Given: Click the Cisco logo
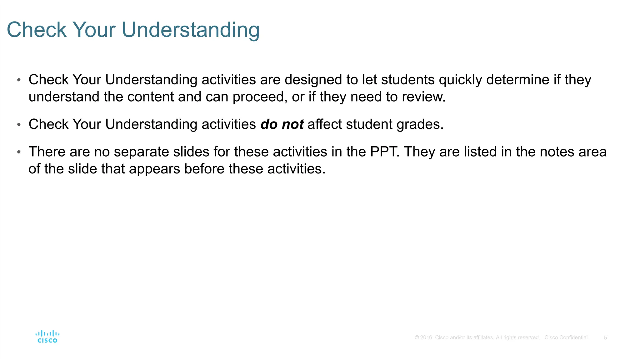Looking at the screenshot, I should [47, 337].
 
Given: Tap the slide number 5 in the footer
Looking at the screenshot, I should [605, 337].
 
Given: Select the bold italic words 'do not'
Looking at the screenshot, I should [282, 124].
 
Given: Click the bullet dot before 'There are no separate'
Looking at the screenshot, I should [19, 152].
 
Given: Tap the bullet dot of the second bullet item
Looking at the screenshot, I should [19, 125].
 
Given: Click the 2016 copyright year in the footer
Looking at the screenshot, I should [426, 337].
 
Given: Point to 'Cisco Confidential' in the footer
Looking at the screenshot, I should [566, 337].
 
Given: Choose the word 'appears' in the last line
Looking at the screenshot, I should [154, 169].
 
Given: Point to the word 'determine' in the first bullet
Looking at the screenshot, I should [518, 80].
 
